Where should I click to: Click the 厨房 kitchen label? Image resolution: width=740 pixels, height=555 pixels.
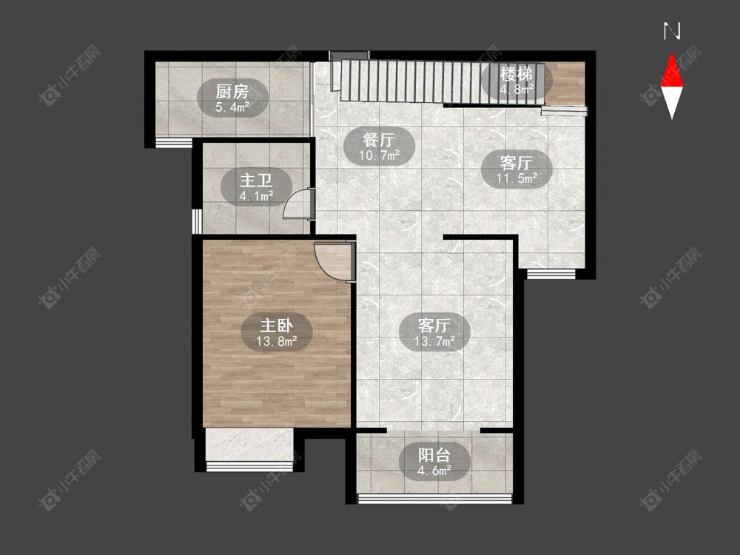[232, 91]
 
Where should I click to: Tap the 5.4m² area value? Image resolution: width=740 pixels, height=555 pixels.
[232, 107]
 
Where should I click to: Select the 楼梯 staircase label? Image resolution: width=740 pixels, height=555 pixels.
[517, 74]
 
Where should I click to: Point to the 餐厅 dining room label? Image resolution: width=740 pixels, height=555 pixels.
[379, 140]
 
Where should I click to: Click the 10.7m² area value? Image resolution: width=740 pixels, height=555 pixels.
[380, 155]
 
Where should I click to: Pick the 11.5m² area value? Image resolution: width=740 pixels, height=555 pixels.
[517, 178]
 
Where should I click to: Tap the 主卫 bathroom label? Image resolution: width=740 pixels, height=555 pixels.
[256, 181]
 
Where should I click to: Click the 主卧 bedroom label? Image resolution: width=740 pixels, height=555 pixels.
[277, 325]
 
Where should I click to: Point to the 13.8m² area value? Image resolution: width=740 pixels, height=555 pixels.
[277, 340]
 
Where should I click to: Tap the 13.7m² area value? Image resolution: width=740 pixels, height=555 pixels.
[434, 340]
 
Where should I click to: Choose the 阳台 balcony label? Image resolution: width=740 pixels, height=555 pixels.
[434, 455]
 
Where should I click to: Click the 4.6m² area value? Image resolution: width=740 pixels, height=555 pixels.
[434, 471]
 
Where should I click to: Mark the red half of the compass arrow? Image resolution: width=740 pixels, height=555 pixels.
[672, 71]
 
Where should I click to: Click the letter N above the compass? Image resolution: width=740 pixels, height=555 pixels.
[672, 31]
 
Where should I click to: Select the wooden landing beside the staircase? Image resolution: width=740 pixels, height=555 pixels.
[565, 83]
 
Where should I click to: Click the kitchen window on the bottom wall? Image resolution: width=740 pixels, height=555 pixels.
[174, 143]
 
